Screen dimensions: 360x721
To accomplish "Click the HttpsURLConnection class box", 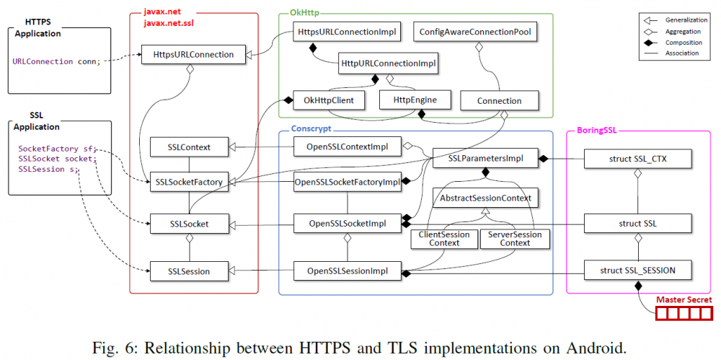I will [188, 54].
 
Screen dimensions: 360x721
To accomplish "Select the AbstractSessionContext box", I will [485, 197].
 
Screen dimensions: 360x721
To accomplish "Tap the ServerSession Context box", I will [515, 239].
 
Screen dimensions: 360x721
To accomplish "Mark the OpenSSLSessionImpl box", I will [347, 271].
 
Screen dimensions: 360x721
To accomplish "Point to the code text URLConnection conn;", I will [61, 61].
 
